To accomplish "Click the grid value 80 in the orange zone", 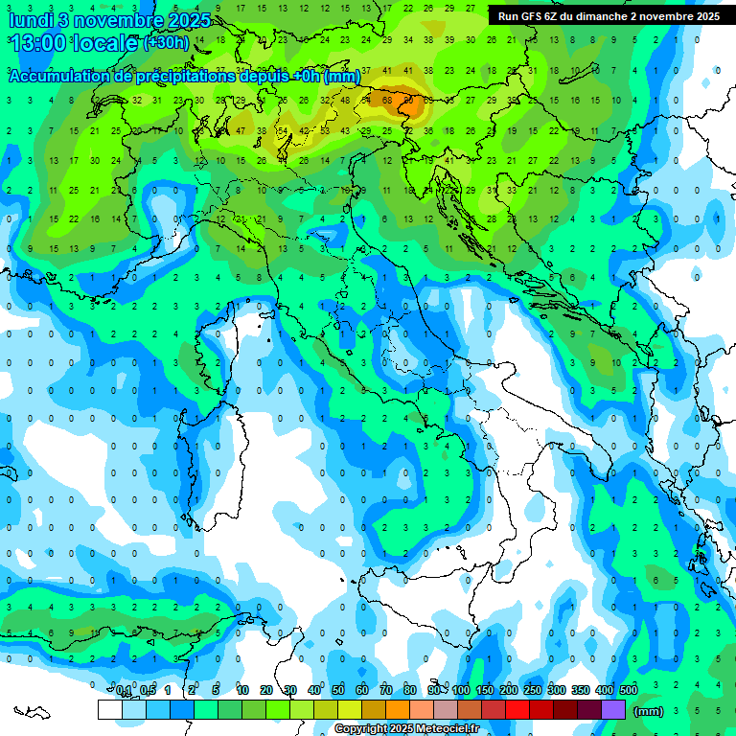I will click(x=408, y=100).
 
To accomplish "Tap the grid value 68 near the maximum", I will click(x=387, y=100).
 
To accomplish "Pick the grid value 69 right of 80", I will click(x=428, y=100).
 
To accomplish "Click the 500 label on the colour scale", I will click(x=628, y=690).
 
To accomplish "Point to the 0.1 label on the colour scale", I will click(x=124, y=690).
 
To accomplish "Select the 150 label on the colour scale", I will click(x=485, y=690).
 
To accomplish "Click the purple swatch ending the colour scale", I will click(x=613, y=709).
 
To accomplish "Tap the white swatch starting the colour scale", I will click(x=109, y=709).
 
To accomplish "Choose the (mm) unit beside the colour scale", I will click(x=649, y=711).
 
